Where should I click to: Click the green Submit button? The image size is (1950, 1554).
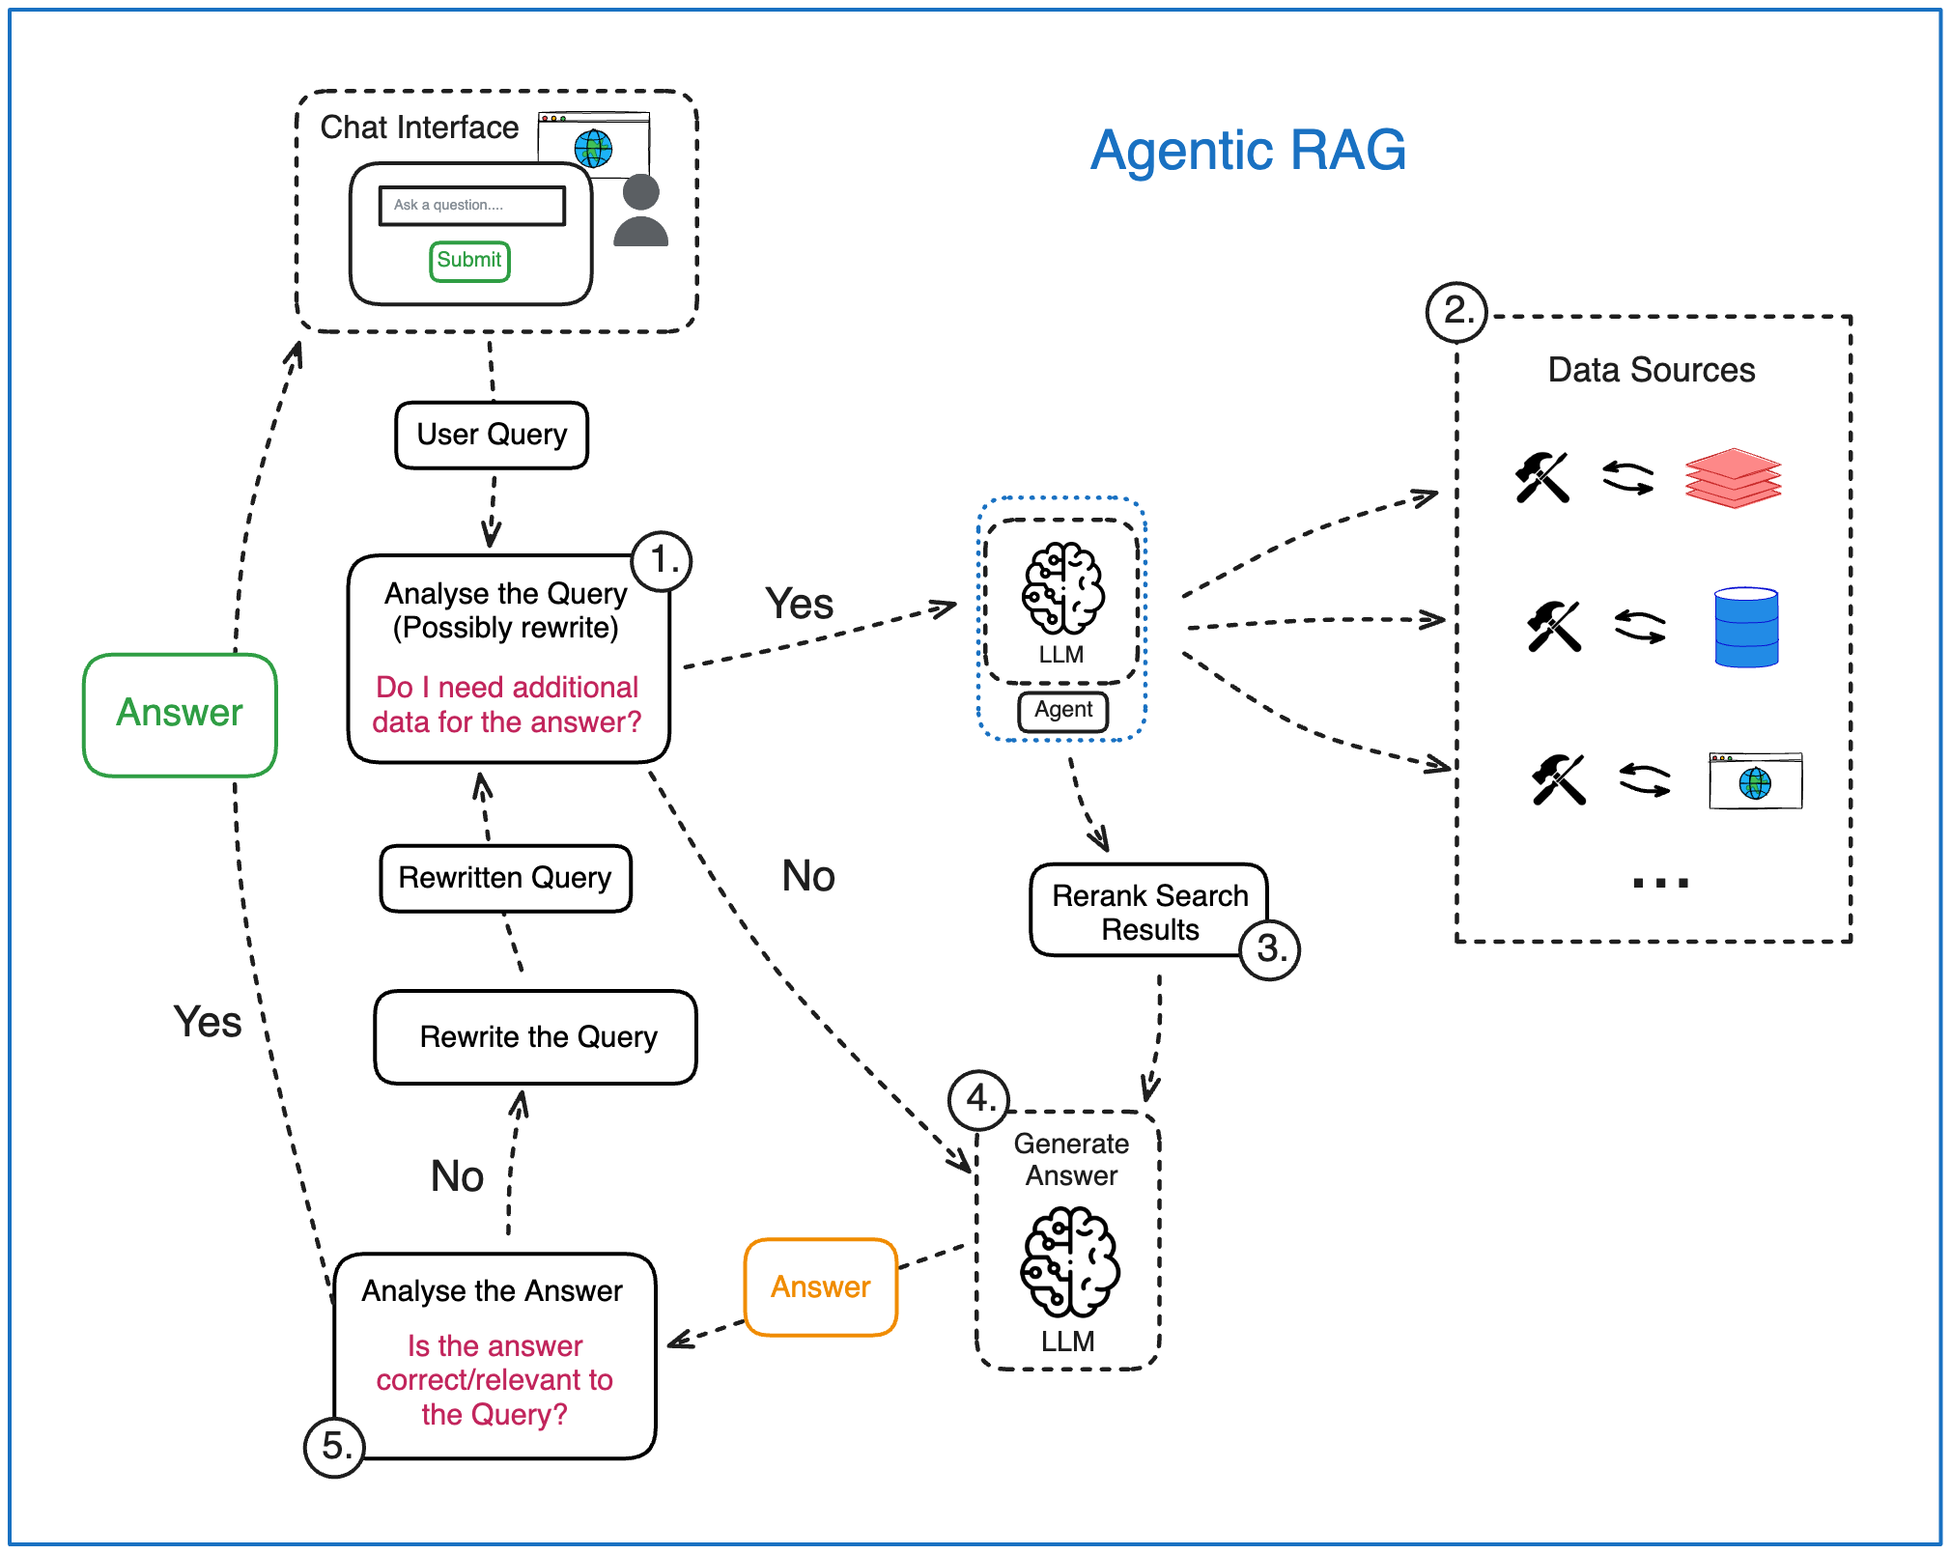pyautogui.click(x=469, y=261)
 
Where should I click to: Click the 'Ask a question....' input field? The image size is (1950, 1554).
pyautogui.click(x=471, y=206)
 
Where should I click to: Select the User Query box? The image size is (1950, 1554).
pyautogui.click(x=492, y=435)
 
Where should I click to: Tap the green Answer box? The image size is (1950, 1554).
pyautogui.click(x=180, y=714)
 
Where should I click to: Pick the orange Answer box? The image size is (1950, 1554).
pyautogui.click(x=821, y=1286)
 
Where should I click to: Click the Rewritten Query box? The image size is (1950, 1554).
pyautogui.click(x=505, y=878)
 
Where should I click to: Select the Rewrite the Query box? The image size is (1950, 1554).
pyautogui.click(x=536, y=1037)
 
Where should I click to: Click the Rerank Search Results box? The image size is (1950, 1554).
pyautogui.click(x=1148, y=911)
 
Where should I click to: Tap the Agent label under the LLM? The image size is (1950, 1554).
pyautogui.click(x=1062, y=710)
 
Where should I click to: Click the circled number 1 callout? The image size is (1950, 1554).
pyautogui.click(x=663, y=560)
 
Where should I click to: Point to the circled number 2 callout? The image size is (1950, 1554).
pyautogui.click(x=1456, y=312)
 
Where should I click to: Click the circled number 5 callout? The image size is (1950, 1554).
pyautogui.click(x=334, y=1446)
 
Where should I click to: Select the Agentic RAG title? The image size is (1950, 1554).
pyautogui.click(x=1247, y=151)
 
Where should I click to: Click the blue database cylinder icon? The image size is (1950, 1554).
pyautogui.click(x=1746, y=627)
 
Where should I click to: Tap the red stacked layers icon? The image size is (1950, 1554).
pyautogui.click(x=1733, y=478)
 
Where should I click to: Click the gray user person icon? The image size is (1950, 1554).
pyautogui.click(x=640, y=211)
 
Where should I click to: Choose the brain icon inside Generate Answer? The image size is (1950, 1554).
pyautogui.click(x=1069, y=1261)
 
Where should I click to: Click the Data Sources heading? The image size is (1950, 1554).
pyautogui.click(x=1651, y=370)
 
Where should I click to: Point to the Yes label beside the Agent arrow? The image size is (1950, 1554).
pyautogui.click(x=799, y=604)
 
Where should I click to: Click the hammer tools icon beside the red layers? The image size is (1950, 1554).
pyautogui.click(x=1542, y=477)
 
